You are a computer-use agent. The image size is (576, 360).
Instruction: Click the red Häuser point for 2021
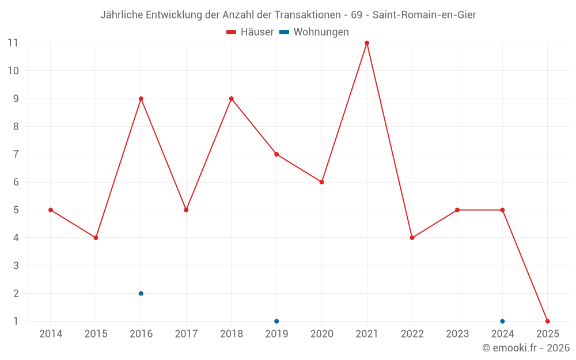pos(367,43)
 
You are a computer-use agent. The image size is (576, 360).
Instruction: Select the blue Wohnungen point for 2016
pos(141,293)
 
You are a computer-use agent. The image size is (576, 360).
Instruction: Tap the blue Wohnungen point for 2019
pos(276,321)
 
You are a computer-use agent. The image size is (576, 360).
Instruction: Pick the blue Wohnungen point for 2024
pos(502,321)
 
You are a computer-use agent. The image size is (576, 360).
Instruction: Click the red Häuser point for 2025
pos(547,321)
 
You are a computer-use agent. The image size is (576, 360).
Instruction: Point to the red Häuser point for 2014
pos(51,210)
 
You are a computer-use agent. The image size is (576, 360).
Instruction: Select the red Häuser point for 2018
pos(232,98)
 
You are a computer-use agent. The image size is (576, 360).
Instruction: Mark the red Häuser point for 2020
pos(321,182)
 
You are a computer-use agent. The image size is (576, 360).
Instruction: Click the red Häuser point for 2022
pos(412,237)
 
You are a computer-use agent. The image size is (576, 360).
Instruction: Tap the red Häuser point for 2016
pos(141,98)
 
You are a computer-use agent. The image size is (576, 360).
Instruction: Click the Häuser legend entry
pos(250,32)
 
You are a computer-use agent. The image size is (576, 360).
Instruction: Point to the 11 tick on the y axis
pos(13,43)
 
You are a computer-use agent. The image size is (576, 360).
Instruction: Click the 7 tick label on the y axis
pos(16,154)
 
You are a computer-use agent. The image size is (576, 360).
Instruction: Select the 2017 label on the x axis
pos(186,334)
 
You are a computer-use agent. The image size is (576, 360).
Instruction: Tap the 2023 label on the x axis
pos(457,334)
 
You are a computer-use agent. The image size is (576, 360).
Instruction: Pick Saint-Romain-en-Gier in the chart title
pos(424,15)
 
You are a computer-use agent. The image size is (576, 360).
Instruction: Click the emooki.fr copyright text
pos(525,348)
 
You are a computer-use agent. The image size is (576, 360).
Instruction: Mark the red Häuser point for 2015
pos(96,237)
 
